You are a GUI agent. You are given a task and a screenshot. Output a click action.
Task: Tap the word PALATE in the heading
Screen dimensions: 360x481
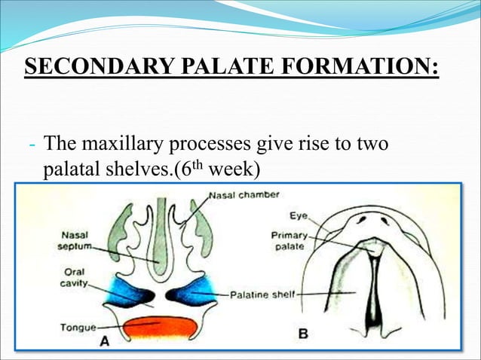[226, 66]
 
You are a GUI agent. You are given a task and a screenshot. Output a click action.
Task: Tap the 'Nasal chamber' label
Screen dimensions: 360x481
[244, 194]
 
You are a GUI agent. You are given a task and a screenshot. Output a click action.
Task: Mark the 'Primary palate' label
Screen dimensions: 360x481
[289, 240]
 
